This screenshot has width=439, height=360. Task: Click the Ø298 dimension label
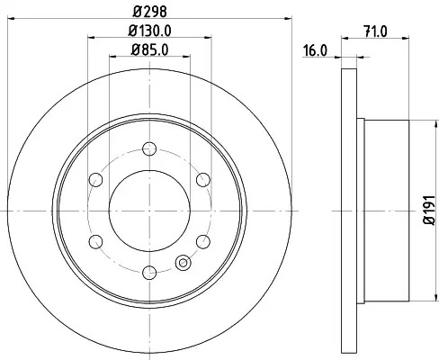[149, 12]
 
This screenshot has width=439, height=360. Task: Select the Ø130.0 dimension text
[149, 31]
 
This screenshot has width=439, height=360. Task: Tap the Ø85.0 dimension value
[149, 49]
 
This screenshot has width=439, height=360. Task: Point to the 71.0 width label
[375, 31]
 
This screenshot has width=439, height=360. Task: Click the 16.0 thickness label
[315, 50]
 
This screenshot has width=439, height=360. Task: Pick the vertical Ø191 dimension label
[429, 210]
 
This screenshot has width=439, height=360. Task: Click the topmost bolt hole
[149, 148]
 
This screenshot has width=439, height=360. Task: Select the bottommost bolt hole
[149, 273]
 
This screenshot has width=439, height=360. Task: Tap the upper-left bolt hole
[96, 180]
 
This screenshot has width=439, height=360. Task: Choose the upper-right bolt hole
[203, 180]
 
